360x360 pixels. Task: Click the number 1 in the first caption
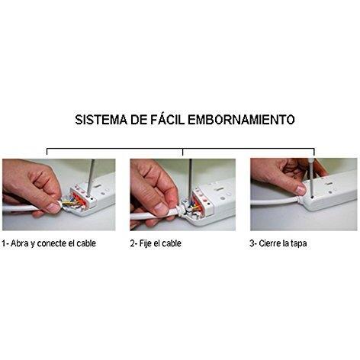[5, 243]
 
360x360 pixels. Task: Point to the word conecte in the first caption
[60, 243]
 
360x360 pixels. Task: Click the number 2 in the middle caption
[133, 243]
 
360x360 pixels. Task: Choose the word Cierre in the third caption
[273, 243]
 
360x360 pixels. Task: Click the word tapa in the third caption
[305, 243]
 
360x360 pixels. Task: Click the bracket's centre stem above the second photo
[183, 153]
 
